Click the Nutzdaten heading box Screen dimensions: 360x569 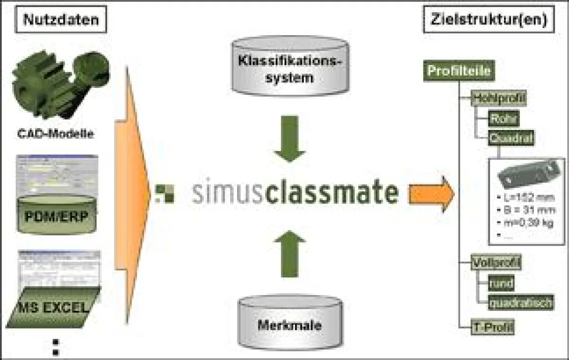61,20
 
